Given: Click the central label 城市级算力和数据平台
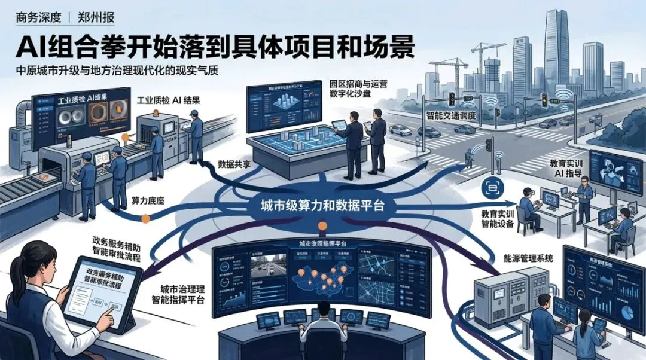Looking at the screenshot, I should tap(317, 205).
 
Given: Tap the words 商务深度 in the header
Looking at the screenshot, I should tap(38, 17).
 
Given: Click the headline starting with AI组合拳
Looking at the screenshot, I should tap(215, 45).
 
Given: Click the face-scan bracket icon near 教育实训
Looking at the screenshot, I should tap(493, 188).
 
